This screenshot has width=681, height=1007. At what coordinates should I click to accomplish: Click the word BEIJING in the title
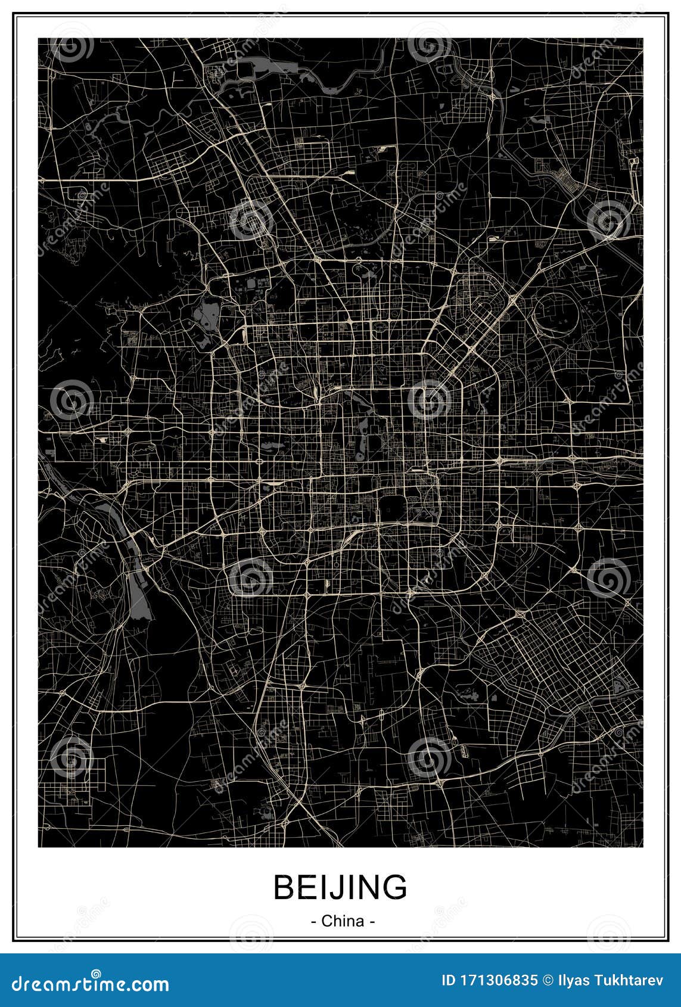(340, 887)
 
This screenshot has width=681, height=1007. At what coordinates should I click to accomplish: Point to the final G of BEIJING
(395, 887)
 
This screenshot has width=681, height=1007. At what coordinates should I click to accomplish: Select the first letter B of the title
(285, 887)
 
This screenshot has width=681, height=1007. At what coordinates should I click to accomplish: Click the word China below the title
(343, 921)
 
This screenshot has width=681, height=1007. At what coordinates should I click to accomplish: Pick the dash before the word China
(313, 921)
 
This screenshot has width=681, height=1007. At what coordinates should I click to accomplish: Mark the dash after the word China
(372, 921)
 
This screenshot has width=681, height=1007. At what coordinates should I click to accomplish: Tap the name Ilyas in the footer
(567, 980)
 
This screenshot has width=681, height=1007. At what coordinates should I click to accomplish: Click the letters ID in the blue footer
(448, 980)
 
